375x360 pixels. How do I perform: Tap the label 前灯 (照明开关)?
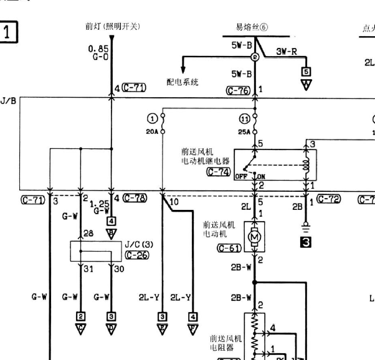(112, 26)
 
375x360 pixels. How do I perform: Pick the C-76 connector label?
(238, 91)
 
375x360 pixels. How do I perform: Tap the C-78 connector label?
(135, 198)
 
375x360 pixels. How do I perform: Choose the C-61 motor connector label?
(229, 248)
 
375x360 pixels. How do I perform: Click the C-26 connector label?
(136, 255)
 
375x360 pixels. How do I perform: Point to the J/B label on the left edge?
(8, 100)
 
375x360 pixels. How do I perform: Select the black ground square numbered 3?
(305, 243)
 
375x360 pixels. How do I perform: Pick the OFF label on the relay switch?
(240, 176)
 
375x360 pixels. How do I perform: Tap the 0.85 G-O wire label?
(98, 52)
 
